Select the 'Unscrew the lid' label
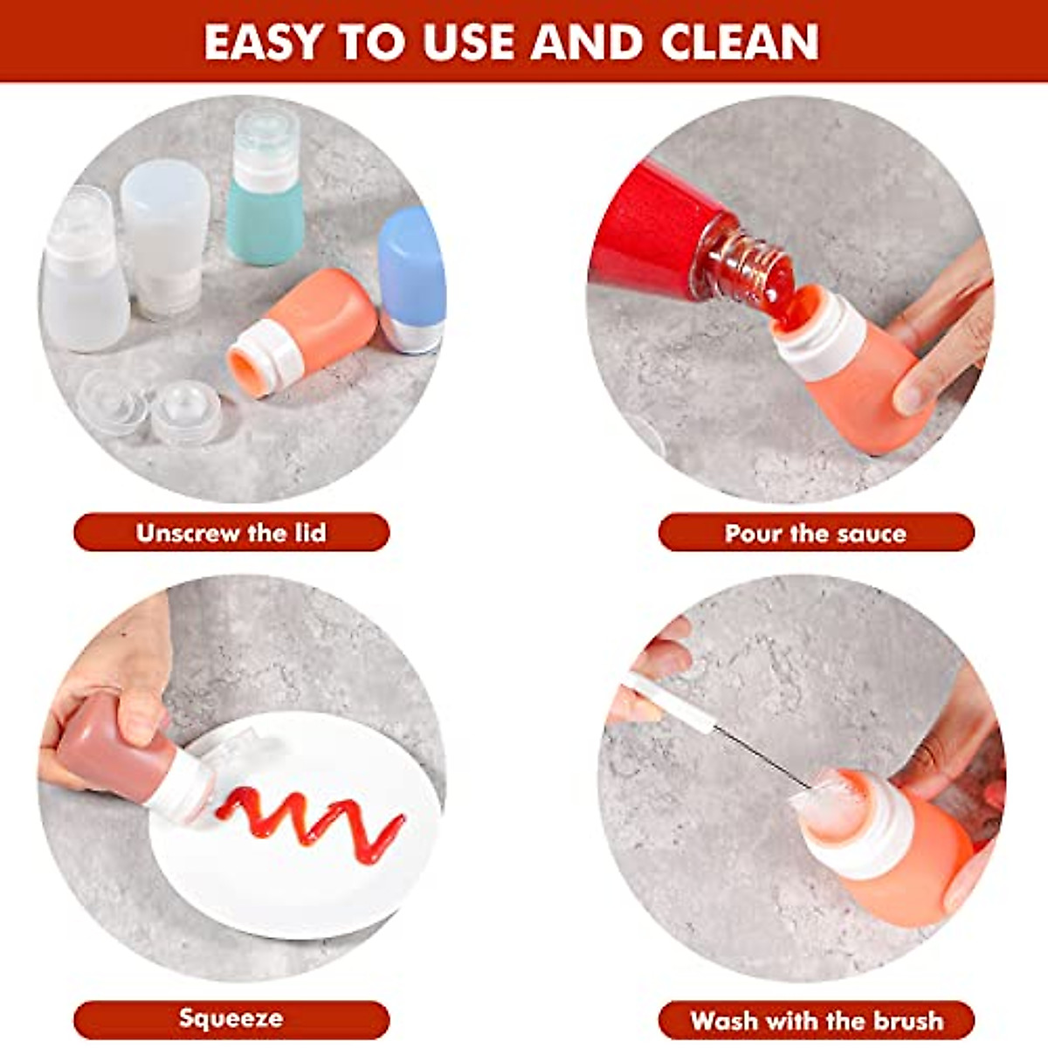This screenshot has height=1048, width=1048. click(231, 533)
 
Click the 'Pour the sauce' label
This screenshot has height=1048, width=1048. click(816, 533)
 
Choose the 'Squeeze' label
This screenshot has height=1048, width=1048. click(231, 1018)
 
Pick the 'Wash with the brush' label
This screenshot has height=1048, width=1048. click(816, 1020)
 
